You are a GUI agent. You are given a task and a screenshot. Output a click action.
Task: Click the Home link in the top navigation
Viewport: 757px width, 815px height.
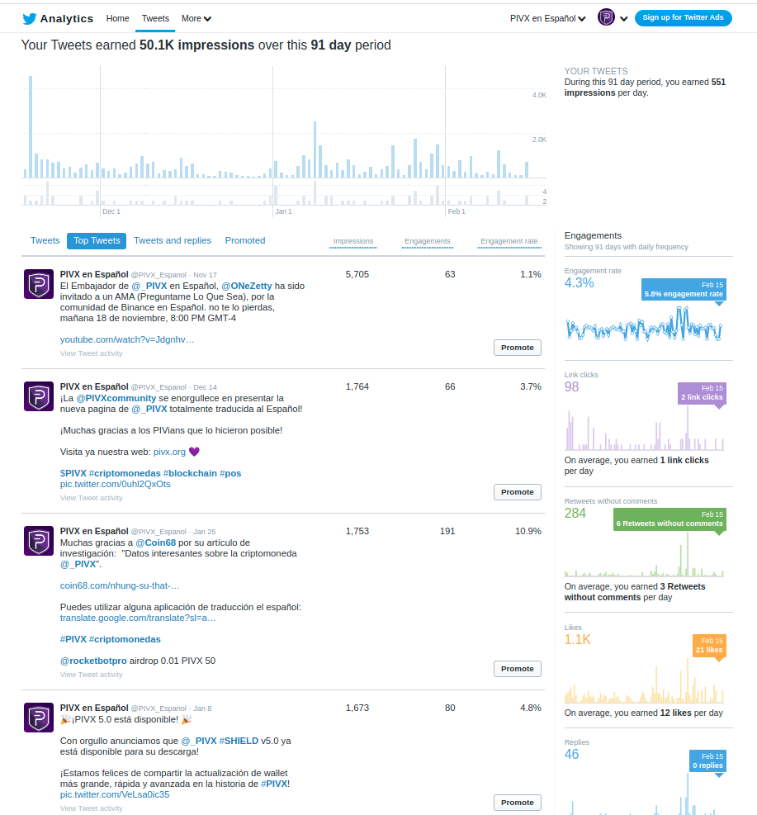[118, 18]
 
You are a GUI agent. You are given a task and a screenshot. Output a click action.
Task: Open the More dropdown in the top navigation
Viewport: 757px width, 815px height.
[196, 18]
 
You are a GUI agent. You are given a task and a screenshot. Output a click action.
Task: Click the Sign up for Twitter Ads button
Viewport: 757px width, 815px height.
[683, 18]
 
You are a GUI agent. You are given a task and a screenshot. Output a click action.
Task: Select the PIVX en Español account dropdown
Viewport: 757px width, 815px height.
[548, 18]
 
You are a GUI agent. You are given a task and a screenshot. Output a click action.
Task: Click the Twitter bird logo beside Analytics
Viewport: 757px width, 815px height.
[29, 18]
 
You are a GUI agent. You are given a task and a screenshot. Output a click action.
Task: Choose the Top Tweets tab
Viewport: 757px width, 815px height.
[97, 240]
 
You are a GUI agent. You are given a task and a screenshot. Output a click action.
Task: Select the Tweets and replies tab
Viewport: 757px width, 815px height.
[173, 240]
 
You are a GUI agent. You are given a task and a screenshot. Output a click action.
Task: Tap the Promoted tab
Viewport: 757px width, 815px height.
[245, 240]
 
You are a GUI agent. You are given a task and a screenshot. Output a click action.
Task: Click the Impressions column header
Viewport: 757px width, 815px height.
[353, 241]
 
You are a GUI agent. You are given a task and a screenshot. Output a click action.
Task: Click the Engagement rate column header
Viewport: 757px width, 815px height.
[509, 241]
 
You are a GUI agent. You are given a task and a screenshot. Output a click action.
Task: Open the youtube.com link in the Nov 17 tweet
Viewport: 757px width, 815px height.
[127, 339]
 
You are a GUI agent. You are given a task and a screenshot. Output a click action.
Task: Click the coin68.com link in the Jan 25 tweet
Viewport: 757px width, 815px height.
[120, 585]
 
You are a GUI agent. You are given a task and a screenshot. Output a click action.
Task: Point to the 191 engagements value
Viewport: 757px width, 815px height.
[447, 531]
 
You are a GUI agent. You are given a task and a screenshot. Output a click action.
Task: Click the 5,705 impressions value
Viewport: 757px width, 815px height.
[357, 274]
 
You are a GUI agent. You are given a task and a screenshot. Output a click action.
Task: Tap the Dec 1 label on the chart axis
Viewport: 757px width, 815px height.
[111, 211]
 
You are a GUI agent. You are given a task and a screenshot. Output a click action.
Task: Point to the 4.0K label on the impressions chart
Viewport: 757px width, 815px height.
[539, 96]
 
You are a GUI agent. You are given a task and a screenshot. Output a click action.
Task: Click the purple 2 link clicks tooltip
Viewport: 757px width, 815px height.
[702, 393]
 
